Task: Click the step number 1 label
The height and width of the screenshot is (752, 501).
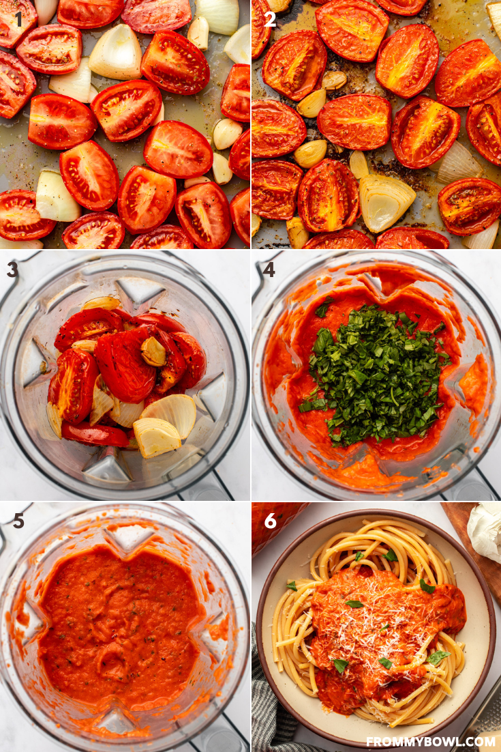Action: (18, 18)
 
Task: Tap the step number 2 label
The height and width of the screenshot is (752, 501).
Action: (270, 19)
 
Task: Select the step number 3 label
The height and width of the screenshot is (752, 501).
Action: (12, 270)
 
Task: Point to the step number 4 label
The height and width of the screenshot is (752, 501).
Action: (269, 270)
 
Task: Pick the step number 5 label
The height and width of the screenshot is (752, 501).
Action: (18, 521)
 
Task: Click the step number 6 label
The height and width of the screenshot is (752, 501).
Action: (270, 521)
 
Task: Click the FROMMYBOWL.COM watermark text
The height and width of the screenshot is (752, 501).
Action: (431, 741)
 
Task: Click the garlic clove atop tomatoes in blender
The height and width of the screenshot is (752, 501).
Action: (153, 351)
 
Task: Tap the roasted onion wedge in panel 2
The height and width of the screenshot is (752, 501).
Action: (386, 202)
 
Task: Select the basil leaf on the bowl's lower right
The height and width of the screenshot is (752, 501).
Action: (438, 657)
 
